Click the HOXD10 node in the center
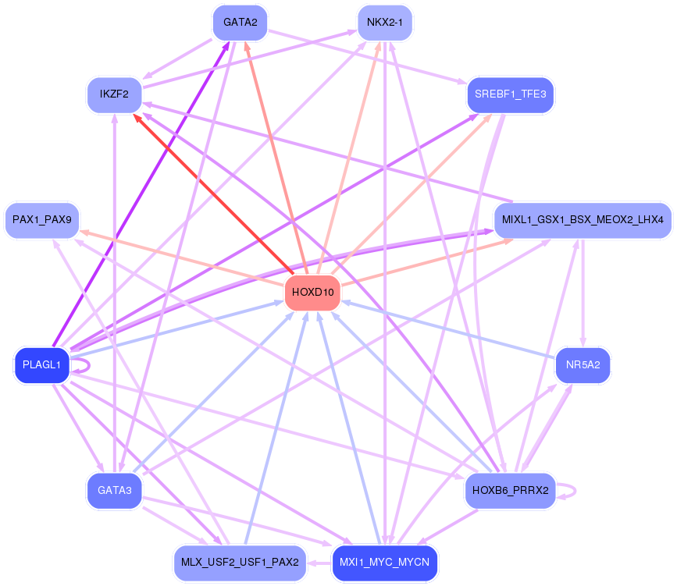tap(312, 293)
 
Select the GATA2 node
tap(240, 22)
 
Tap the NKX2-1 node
tap(384, 22)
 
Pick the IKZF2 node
tap(114, 94)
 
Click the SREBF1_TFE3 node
tap(510, 94)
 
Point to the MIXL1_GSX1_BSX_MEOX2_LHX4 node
tap(583, 221)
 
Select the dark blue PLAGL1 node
tap(42, 365)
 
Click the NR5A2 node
tap(583, 365)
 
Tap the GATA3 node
tap(114, 491)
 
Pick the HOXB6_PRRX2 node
tap(510, 491)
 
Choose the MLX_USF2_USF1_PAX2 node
tap(240, 563)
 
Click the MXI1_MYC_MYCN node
tap(384, 563)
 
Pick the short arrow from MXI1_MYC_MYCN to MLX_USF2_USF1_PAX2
tap(319, 563)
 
